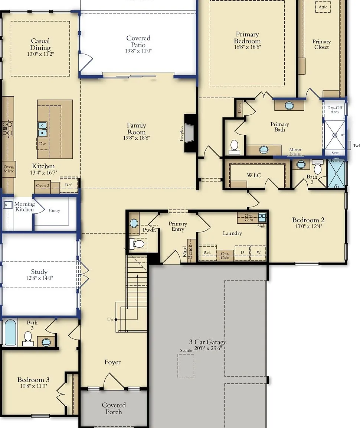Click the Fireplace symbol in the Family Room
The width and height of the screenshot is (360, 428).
pyautogui.click(x=190, y=133)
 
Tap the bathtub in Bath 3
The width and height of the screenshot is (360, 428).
pyautogui.click(x=10, y=333)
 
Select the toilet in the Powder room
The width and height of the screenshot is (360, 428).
pyautogui.click(x=137, y=243)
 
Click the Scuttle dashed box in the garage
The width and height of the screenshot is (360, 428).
pyautogui.click(x=186, y=366)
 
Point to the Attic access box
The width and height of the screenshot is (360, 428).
pyautogui.click(x=323, y=7)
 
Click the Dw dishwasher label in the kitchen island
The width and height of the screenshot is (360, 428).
pyautogui.click(x=42, y=143)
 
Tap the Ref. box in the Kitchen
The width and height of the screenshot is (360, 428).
pyautogui.click(x=69, y=185)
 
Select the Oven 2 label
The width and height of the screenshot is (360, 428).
pyautogui.click(x=43, y=186)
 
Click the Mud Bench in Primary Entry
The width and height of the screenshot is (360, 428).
pyautogui.click(x=192, y=251)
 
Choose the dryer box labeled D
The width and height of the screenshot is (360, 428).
pyautogui.click(x=242, y=253)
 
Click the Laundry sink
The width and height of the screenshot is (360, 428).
pyautogui.click(x=262, y=218)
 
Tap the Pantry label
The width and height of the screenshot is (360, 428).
pyautogui.click(x=54, y=210)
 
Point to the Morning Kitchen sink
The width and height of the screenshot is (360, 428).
pyautogui.click(x=7, y=205)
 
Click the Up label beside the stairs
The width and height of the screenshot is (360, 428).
pyautogui.click(x=110, y=320)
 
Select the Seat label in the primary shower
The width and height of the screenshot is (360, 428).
pyautogui.click(x=335, y=153)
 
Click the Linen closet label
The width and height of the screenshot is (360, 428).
pyautogui.click(x=240, y=108)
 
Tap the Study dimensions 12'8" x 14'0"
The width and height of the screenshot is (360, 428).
pyautogui.click(x=39, y=278)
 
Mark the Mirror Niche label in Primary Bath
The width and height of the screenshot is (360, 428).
pyautogui.click(x=295, y=152)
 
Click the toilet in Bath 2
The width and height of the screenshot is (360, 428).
pyautogui.click(x=317, y=167)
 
